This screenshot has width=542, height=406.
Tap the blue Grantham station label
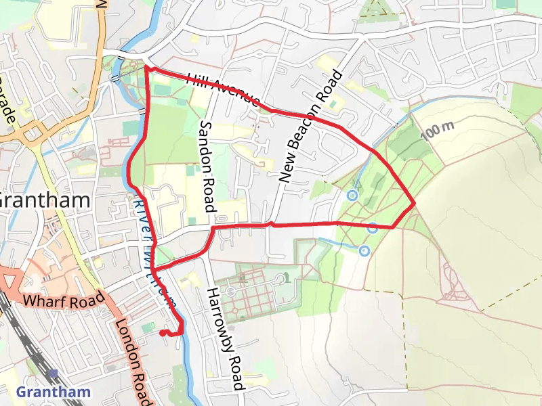pos(53,392)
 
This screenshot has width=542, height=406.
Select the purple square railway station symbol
pos(53,374)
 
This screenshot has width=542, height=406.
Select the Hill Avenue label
pos(223,90)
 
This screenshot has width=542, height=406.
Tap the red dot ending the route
pos(163,333)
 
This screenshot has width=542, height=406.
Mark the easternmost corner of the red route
pos(414,202)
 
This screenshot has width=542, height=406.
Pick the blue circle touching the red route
pos(373,228)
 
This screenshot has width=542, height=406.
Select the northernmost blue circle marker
pos(352,196)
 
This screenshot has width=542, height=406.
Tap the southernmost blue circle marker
pos(364,251)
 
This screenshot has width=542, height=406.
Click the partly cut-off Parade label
pos(7,101)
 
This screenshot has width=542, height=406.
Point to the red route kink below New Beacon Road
pos(270,223)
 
